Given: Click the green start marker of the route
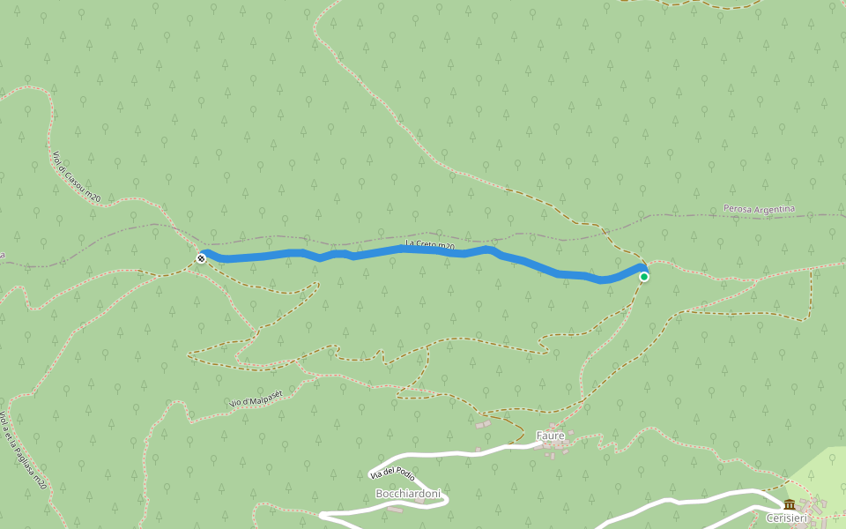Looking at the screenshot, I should click(x=644, y=277).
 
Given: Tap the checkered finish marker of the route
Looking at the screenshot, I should click(x=202, y=258).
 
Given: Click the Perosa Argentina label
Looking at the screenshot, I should click(x=759, y=209).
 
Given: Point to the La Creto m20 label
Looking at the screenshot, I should click(x=430, y=245).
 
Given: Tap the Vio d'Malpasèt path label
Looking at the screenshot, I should click(x=256, y=398).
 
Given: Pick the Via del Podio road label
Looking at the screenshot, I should click(x=392, y=473).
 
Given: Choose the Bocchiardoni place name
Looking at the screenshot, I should click(x=408, y=494).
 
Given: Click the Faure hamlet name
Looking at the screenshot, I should click(x=550, y=436).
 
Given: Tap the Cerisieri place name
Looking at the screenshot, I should click(x=786, y=518).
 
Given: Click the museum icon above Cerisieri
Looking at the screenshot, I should click(x=789, y=504).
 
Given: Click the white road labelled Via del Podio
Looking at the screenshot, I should click(x=458, y=453).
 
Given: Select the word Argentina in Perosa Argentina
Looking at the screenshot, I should click(x=774, y=209).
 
